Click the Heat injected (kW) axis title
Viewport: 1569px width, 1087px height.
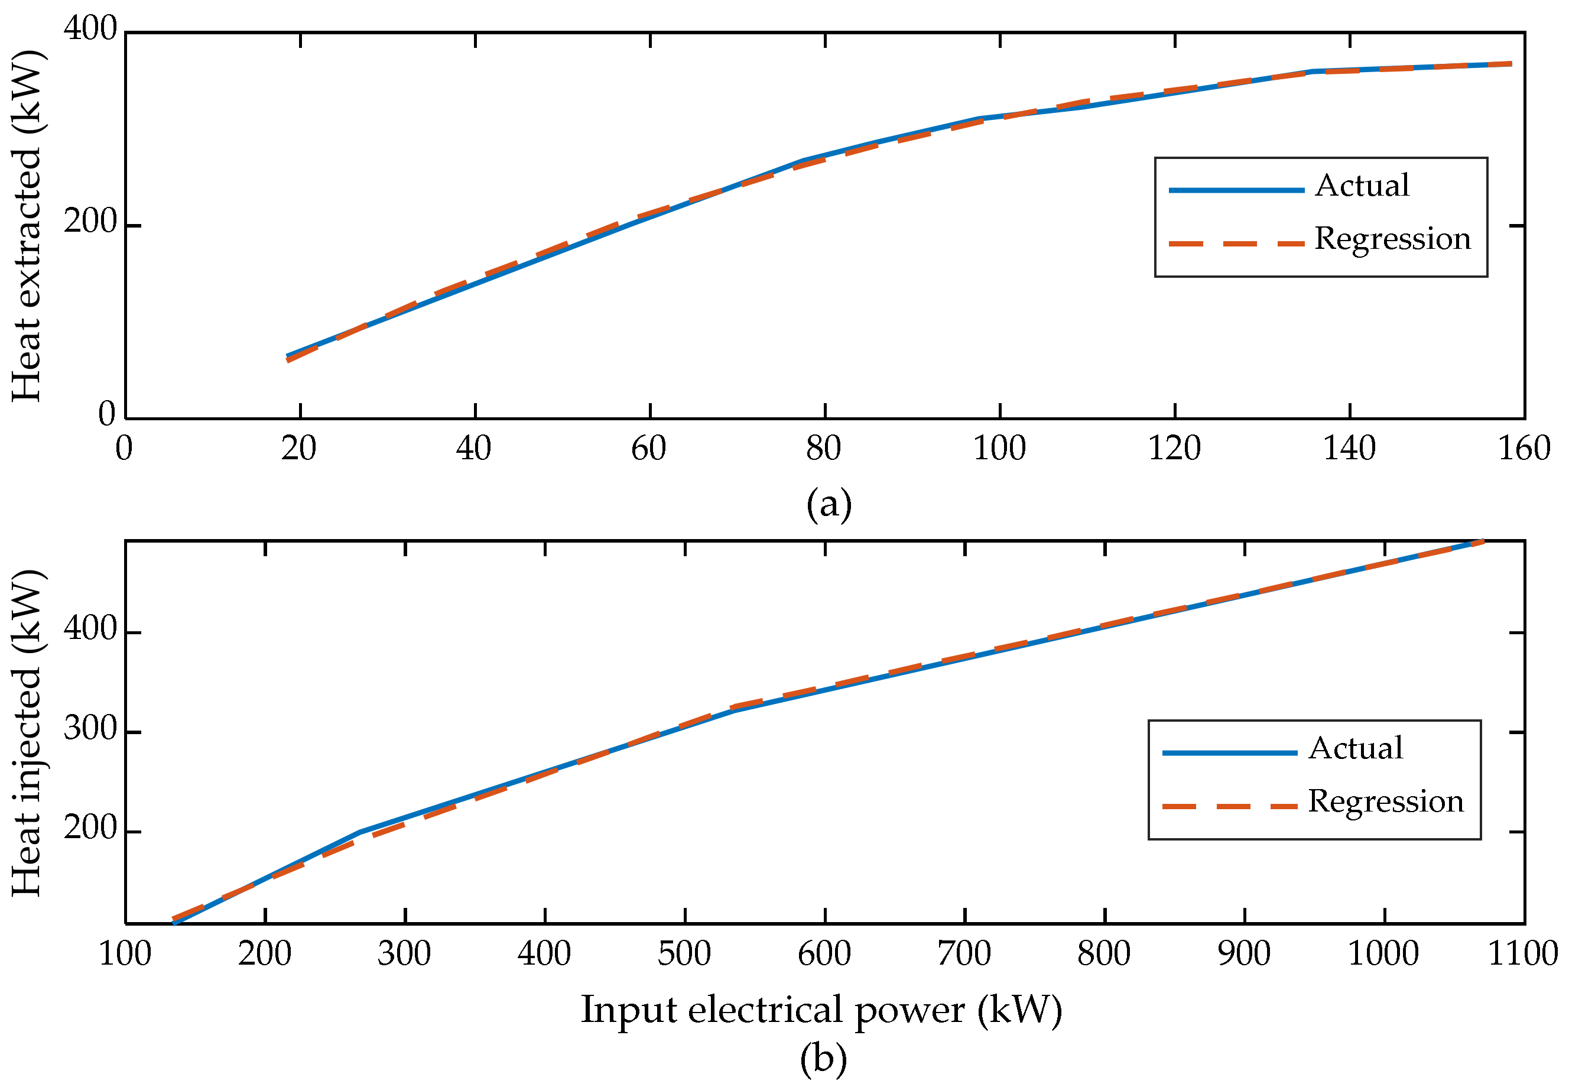click(27, 733)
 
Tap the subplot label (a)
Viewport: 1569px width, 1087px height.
click(829, 505)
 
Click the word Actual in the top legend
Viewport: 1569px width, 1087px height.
click(1362, 185)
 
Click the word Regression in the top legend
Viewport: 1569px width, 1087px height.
click(1393, 238)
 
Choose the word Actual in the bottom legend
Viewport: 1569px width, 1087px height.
click(1356, 748)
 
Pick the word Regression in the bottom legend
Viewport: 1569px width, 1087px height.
click(1386, 801)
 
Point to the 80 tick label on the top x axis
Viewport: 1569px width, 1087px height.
click(823, 448)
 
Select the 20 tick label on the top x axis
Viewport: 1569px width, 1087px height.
click(299, 448)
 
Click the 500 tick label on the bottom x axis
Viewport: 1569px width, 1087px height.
click(684, 953)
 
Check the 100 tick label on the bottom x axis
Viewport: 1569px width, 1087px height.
click(125, 953)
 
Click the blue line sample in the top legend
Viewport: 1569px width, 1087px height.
click(1236, 190)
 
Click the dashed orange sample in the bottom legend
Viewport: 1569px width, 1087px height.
click(1229, 806)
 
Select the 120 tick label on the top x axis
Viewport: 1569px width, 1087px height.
click(1174, 448)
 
